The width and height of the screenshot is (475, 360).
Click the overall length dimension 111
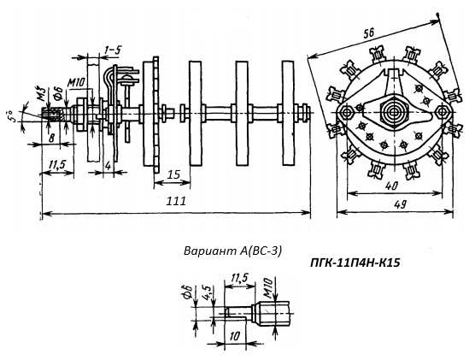[176, 201]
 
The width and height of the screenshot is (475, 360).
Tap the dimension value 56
[369, 32]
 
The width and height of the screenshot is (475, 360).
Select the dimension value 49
[401, 205]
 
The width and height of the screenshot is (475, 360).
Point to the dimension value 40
[391, 186]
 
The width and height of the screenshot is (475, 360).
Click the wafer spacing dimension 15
[173, 175]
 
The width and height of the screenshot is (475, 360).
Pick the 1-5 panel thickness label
[112, 50]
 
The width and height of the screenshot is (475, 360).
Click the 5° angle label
[9, 116]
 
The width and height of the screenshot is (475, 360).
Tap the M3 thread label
[42, 94]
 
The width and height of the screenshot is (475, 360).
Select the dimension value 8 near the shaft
[52, 139]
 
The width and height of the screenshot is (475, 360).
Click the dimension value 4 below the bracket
[108, 166]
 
